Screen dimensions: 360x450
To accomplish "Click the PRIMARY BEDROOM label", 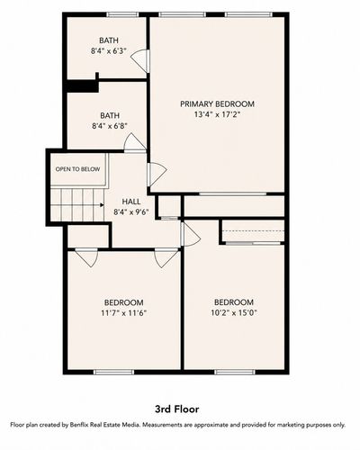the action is (217, 104).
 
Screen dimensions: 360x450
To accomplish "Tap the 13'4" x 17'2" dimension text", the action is (217, 114).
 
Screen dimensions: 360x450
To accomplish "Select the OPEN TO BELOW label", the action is (77, 169).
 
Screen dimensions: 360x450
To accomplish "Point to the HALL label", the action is (131, 202).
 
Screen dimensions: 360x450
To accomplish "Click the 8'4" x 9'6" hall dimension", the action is (131, 212).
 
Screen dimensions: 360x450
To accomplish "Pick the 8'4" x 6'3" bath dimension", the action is (109, 51).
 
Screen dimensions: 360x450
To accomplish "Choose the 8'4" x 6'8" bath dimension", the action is (110, 126).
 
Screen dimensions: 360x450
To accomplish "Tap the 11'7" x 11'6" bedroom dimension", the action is (123, 313).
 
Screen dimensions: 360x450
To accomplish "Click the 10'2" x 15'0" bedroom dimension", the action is (234, 313).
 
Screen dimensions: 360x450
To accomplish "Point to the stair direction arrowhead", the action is (102, 205).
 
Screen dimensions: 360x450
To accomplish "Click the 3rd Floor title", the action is (177, 409).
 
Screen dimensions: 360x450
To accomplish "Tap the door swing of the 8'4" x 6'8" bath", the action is (135, 143).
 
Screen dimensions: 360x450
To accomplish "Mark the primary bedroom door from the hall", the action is (157, 175).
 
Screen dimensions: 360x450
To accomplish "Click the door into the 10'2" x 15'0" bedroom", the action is (190, 234).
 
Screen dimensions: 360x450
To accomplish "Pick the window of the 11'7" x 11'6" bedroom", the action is (113, 372).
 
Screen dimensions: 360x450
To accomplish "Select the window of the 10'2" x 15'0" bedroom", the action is (235, 372).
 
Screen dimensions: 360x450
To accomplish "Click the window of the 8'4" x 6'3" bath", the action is (122, 14).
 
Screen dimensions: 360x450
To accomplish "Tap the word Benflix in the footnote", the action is (79, 425).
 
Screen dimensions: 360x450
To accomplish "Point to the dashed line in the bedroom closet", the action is (254, 231).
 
